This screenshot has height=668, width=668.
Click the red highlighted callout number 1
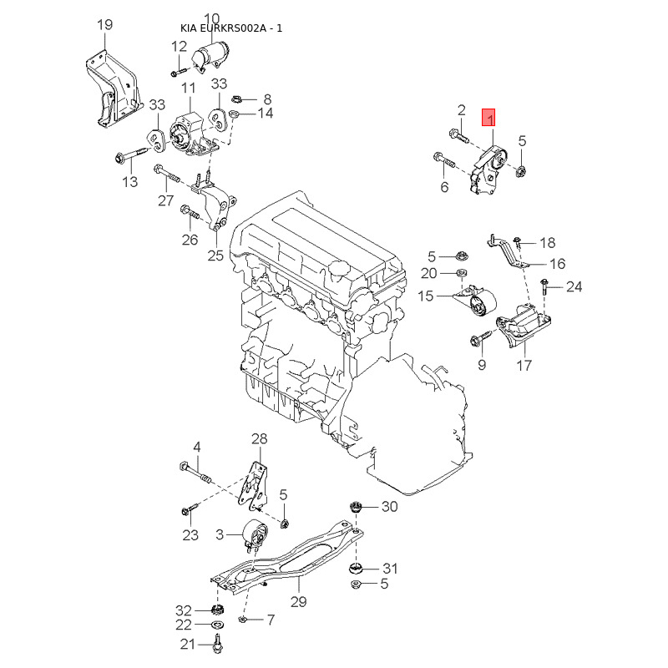(488, 118)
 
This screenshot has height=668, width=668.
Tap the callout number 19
(105, 24)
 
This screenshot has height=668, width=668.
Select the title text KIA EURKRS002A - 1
(231, 28)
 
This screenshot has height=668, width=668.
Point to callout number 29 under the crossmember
(299, 601)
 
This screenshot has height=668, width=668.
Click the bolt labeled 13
(131, 155)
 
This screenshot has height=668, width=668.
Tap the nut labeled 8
(236, 99)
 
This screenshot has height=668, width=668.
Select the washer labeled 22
(218, 625)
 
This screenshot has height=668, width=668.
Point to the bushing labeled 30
(356, 508)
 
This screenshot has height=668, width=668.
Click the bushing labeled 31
(356, 569)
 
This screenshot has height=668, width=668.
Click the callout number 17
(524, 365)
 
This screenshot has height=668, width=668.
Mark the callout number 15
(426, 296)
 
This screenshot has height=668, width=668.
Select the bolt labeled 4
(195, 473)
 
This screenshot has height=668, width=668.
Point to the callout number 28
(259, 438)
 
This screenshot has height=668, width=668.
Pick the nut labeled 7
(241, 620)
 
